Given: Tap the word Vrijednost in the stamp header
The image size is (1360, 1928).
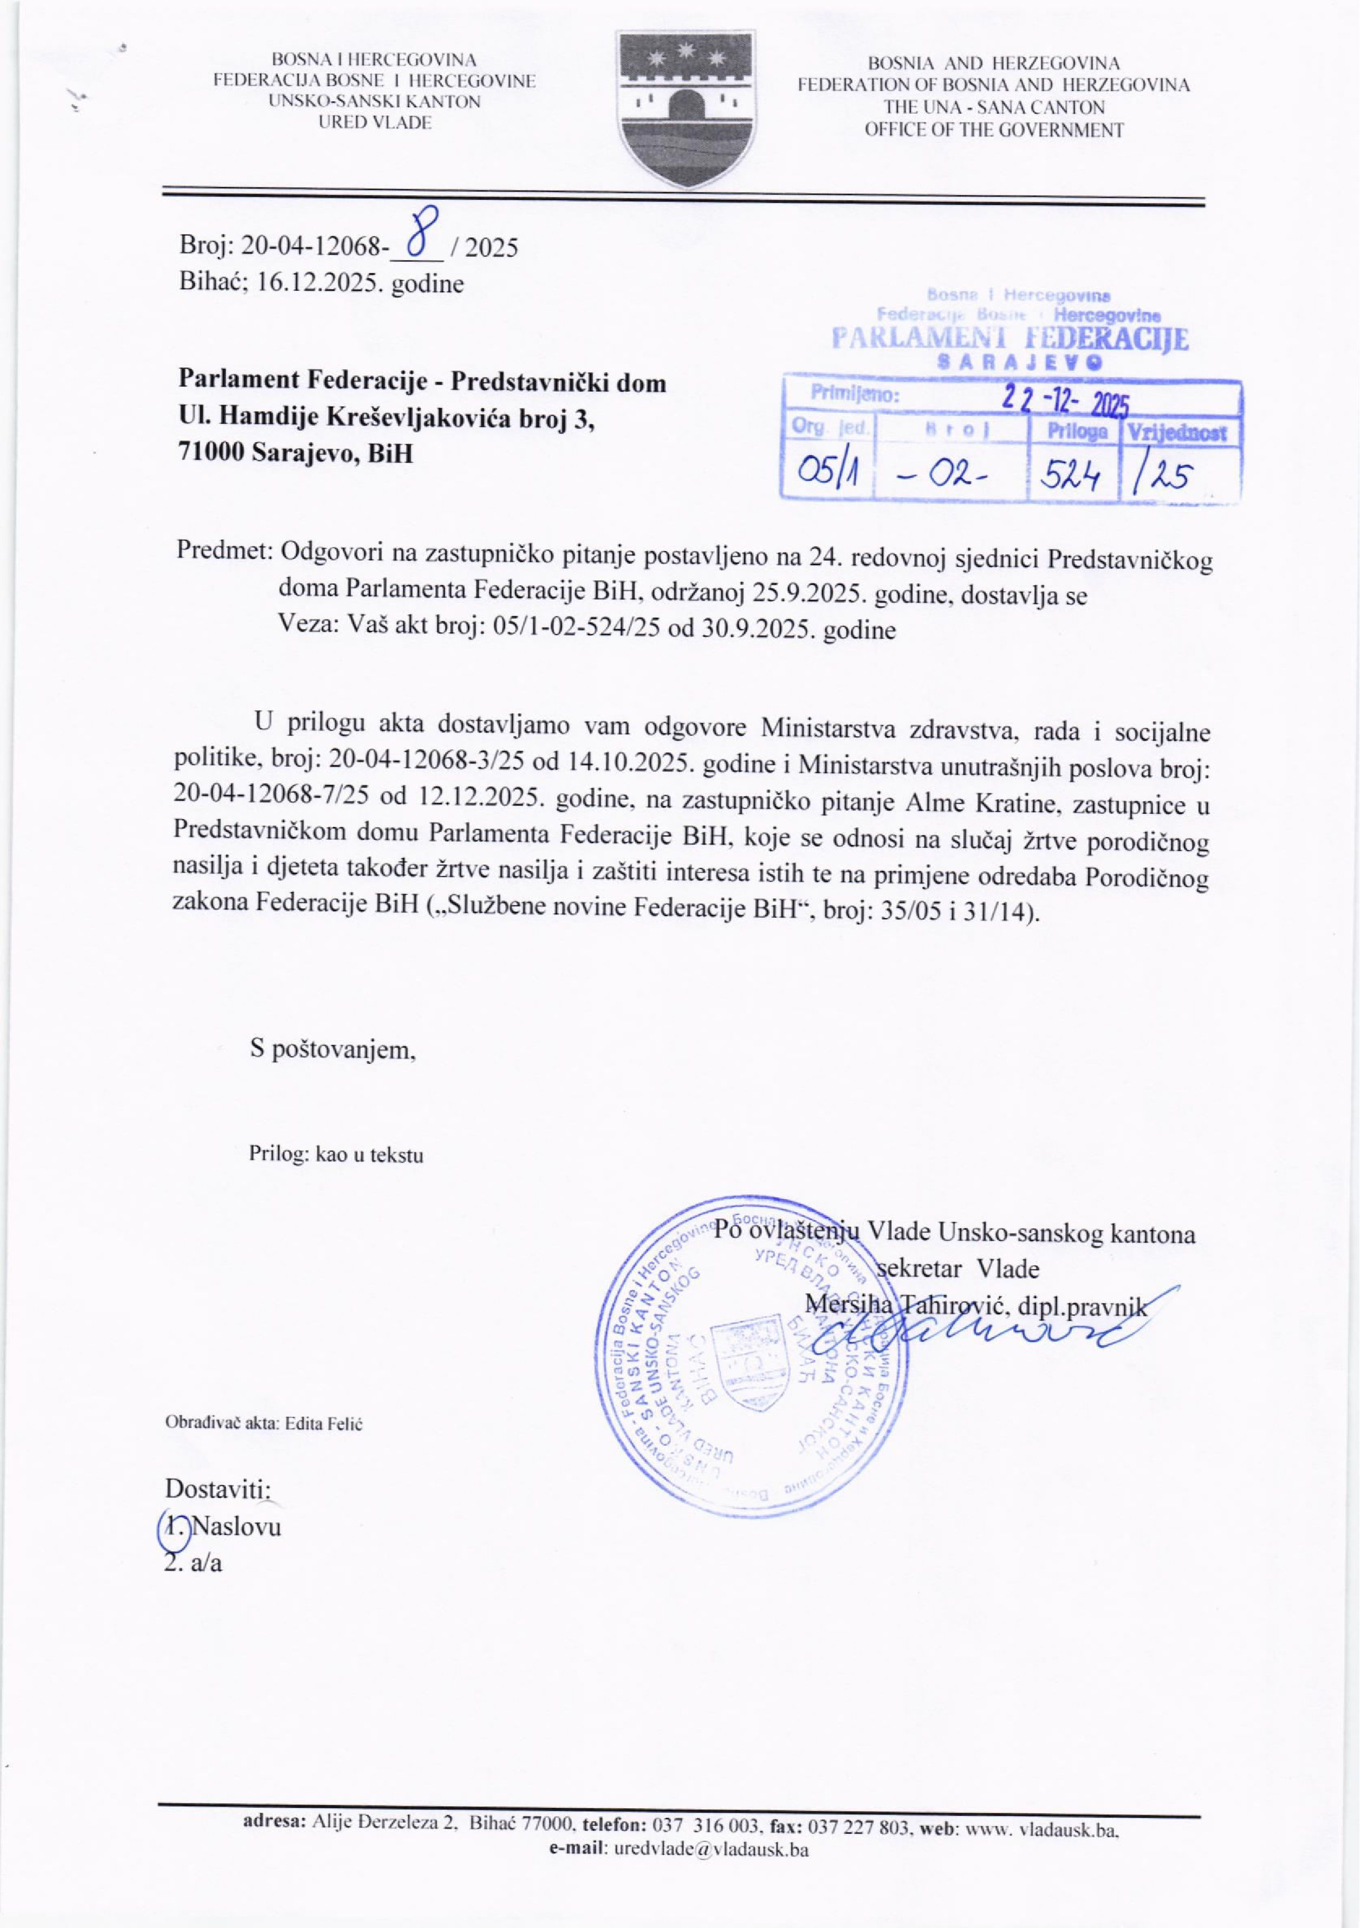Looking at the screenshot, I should point(1179,433).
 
